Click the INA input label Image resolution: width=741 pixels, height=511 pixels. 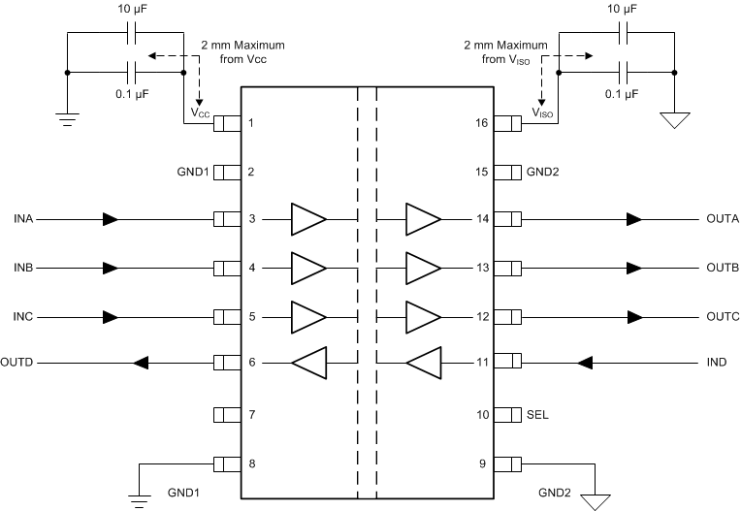pyautogui.click(x=24, y=219)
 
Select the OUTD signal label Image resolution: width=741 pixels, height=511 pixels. pyautogui.click(x=17, y=364)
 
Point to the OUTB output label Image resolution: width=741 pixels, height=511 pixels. pyautogui.click(x=723, y=268)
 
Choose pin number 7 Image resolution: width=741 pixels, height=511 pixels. pyautogui.click(x=251, y=414)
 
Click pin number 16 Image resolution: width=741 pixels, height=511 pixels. pyautogui.click(x=481, y=123)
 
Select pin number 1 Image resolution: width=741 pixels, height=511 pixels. pyautogui.click(x=251, y=123)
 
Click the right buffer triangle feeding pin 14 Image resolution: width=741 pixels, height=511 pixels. pyautogui.click(x=423, y=219)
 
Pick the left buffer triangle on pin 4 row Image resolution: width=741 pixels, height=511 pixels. pyautogui.click(x=308, y=268)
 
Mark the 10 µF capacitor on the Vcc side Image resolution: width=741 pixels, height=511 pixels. pyautogui.click(x=133, y=34)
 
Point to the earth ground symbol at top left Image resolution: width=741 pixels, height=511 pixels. pyautogui.click(x=66, y=119)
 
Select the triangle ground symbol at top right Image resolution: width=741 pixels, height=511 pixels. pyautogui.click(x=675, y=120)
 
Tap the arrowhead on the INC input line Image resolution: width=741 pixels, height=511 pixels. pyautogui.click(x=111, y=316)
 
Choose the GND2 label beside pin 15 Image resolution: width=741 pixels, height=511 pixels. pyautogui.click(x=543, y=172)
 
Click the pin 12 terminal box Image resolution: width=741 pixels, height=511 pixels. pyautogui.click(x=508, y=316)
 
